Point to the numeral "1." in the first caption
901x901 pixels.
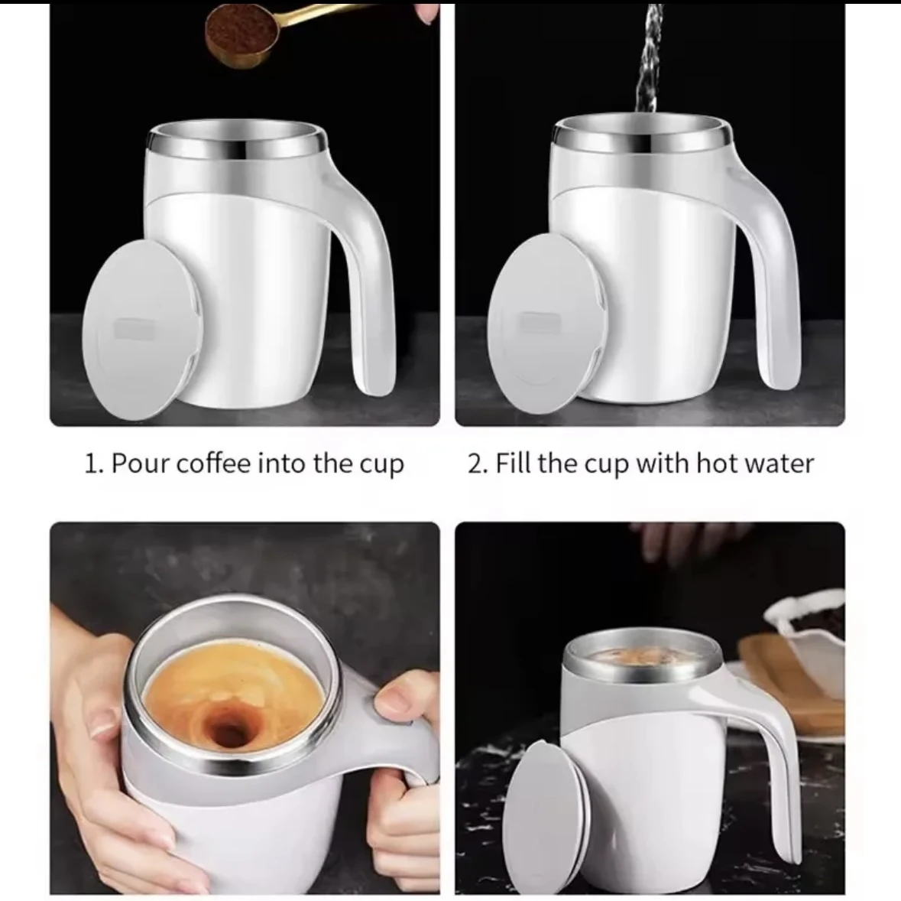(x=93, y=464)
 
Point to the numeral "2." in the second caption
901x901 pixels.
(x=478, y=464)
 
